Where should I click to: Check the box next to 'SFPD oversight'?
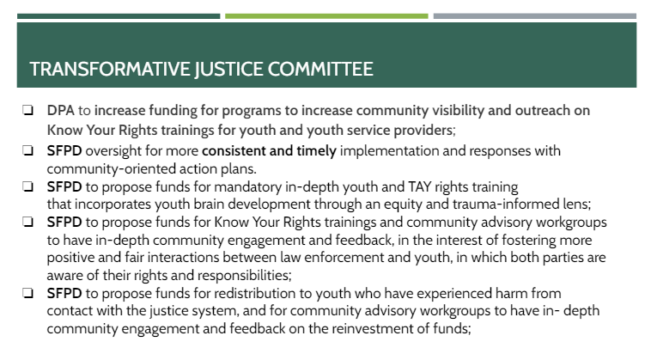point(27,151)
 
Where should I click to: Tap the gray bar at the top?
point(534,15)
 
